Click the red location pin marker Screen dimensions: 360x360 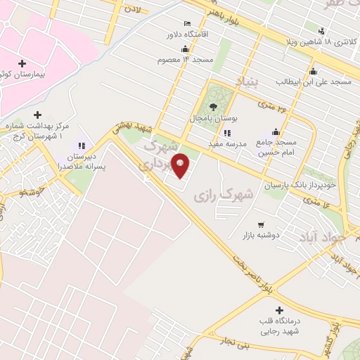(181, 165)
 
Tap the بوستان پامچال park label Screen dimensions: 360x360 (215, 120)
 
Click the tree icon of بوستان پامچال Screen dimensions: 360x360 (214, 108)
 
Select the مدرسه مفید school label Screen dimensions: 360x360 (226, 143)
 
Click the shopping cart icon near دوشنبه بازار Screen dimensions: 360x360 (262, 225)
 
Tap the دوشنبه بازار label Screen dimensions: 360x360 (262, 235)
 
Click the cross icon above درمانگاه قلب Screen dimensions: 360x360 (280, 310)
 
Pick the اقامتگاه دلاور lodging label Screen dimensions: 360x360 (164, 34)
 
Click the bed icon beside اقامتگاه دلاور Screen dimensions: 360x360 (186, 23)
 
